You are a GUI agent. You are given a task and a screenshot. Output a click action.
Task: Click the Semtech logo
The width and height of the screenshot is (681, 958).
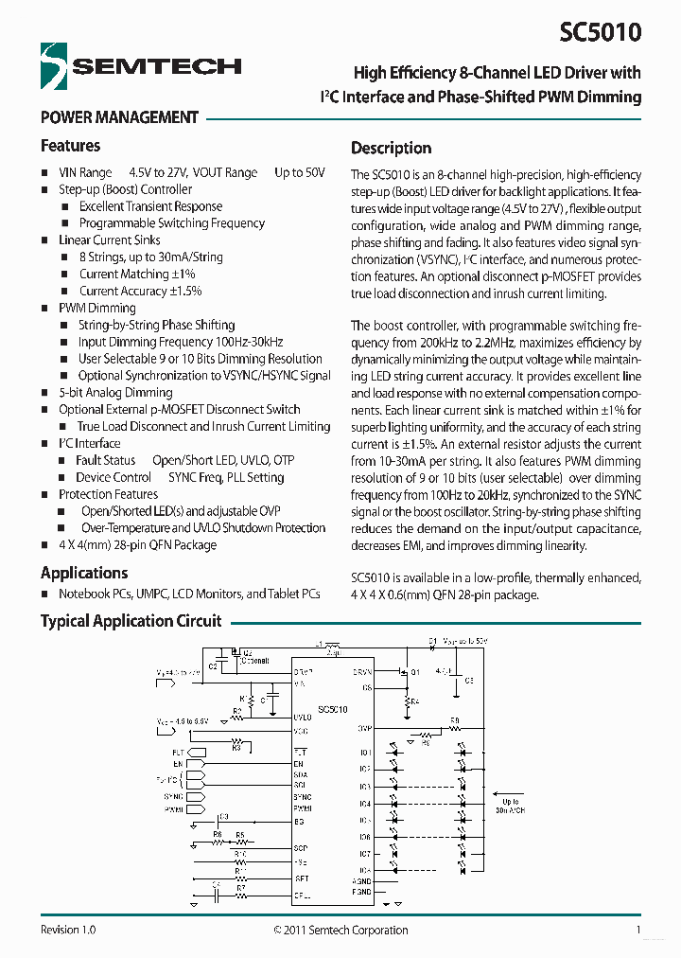[x=141, y=65]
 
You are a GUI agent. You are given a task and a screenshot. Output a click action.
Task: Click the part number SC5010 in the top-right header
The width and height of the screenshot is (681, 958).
[x=599, y=32]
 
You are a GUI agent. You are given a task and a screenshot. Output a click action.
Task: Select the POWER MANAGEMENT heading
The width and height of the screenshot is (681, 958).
[x=119, y=117]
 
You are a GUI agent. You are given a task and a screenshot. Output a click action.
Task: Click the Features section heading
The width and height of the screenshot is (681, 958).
[x=70, y=146]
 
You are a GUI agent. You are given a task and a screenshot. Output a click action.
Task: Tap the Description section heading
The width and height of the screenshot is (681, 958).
[x=391, y=148]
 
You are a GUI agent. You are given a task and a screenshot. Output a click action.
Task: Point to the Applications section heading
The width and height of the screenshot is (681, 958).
[x=83, y=573]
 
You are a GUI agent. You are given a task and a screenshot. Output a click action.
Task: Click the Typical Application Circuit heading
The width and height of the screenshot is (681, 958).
[x=131, y=621]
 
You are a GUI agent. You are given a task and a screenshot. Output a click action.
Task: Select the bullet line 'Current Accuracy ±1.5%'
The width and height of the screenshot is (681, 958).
[x=140, y=291]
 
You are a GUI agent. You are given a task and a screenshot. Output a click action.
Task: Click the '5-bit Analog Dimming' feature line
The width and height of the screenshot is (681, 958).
[x=115, y=392]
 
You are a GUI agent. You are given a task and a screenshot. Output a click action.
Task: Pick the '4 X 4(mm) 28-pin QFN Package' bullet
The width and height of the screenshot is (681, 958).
[x=137, y=545]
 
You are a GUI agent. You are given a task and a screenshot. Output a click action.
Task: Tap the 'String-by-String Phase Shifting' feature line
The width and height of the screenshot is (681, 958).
[x=156, y=325]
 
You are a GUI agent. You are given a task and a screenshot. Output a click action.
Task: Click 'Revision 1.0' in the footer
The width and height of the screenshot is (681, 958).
[x=68, y=930]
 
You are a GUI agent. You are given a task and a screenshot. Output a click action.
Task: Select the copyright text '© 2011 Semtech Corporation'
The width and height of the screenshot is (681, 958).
[x=340, y=930]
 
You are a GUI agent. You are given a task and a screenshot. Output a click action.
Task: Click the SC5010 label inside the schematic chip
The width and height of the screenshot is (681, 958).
[x=333, y=709]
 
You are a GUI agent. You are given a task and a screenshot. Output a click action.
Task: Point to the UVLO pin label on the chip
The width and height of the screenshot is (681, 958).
[x=303, y=718]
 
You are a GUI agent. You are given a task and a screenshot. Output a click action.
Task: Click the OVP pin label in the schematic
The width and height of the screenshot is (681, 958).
[x=364, y=729]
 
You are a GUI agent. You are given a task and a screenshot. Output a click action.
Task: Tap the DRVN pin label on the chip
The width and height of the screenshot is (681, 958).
[x=362, y=671]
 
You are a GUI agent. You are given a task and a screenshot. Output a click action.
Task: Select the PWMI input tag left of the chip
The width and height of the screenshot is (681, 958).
[x=174, y=809]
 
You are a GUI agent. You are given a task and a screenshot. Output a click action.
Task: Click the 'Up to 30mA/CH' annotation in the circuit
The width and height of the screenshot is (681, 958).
[x=511, y=807]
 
